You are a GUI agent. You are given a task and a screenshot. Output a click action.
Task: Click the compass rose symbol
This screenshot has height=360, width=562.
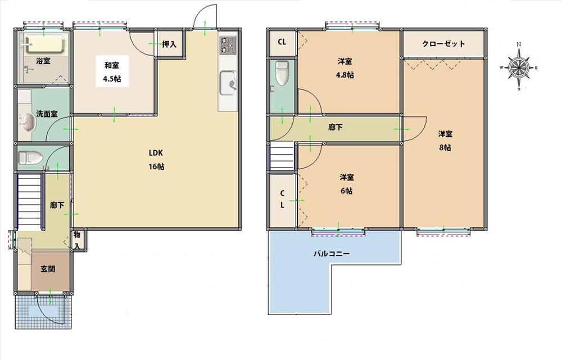[519, 67]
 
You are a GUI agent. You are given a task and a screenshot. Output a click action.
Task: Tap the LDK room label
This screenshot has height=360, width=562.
[156, 152]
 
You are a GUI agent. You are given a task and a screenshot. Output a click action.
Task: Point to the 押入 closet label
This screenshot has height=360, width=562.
[169, 45]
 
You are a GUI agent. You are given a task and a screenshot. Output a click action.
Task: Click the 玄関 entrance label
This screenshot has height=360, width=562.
[48, 269]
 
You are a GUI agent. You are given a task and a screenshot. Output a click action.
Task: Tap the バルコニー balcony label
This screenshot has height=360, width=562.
[332, 254]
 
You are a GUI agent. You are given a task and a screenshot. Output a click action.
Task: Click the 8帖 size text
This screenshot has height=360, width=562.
[445, 147]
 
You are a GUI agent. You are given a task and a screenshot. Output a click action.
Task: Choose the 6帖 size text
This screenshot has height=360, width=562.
[346, 191]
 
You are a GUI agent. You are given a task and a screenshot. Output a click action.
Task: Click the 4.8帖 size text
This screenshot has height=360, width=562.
[346, 75]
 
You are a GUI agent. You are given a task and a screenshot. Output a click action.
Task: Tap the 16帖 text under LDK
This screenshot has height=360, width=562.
[157, 166]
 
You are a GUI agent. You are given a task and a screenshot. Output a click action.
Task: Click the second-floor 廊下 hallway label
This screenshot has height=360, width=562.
[335, 127]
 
